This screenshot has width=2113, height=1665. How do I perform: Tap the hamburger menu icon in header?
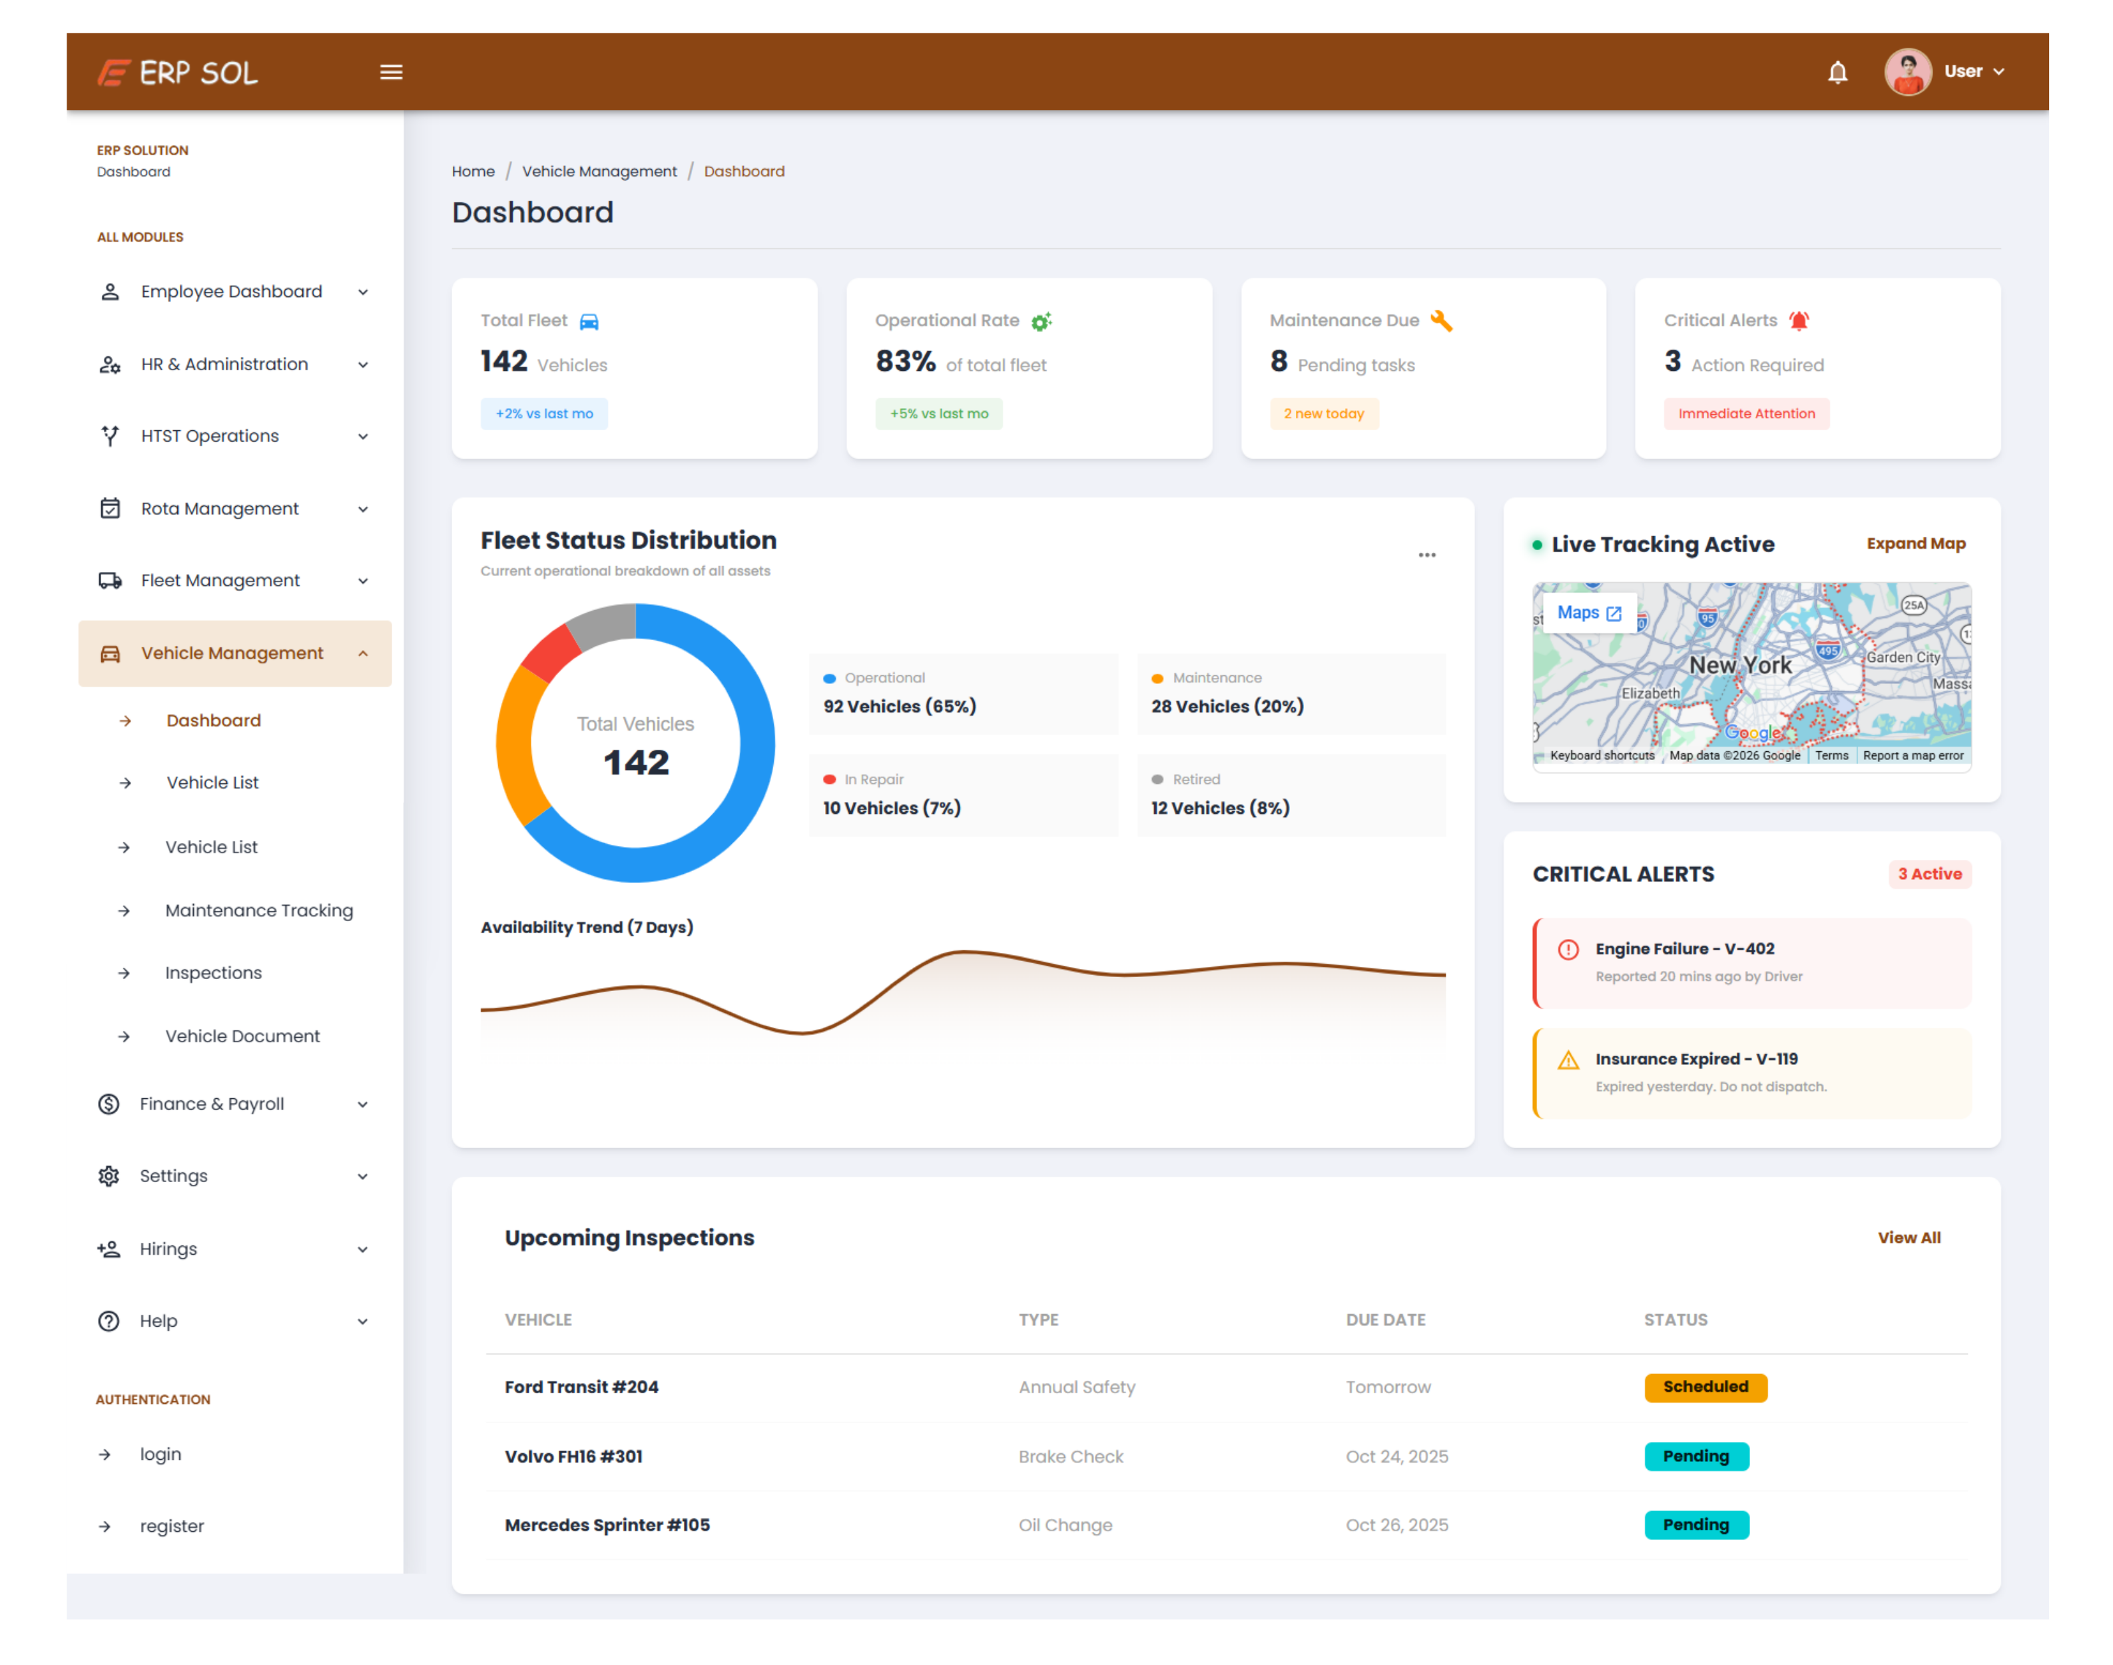coord(391,72)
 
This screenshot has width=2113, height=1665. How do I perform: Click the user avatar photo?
coord(1907,72)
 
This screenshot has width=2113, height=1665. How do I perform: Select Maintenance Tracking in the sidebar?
coord(259,910)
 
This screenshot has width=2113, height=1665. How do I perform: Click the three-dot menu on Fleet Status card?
coord(1427,555)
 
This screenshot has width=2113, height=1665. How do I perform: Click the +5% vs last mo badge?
coord(938,414)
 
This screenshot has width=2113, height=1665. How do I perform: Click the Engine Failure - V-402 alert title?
coord(1684,948)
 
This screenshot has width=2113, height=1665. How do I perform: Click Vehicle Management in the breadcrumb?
coord(599,172)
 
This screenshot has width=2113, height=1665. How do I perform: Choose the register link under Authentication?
coord(172,1526)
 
